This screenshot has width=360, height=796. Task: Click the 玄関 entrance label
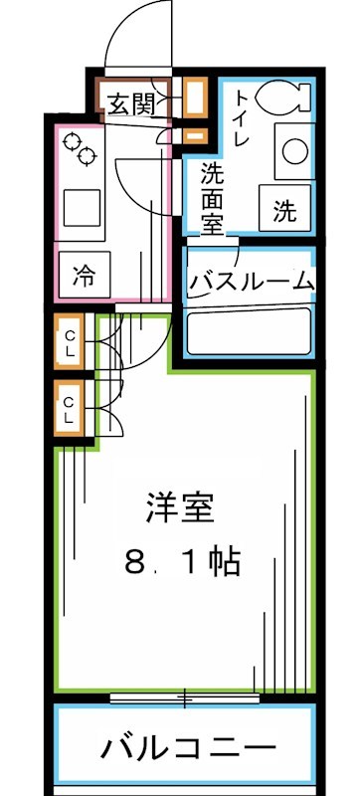click(x=129, y=100)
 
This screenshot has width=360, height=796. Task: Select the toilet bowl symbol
click(x=279, y=98)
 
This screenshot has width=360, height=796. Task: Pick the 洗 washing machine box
click(x=284, y=209)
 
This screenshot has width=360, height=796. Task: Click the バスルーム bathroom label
click(x=252, y=282)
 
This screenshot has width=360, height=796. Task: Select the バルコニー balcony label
click(x=187, y=746)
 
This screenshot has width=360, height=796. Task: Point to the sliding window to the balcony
click(x=184, y=697)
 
